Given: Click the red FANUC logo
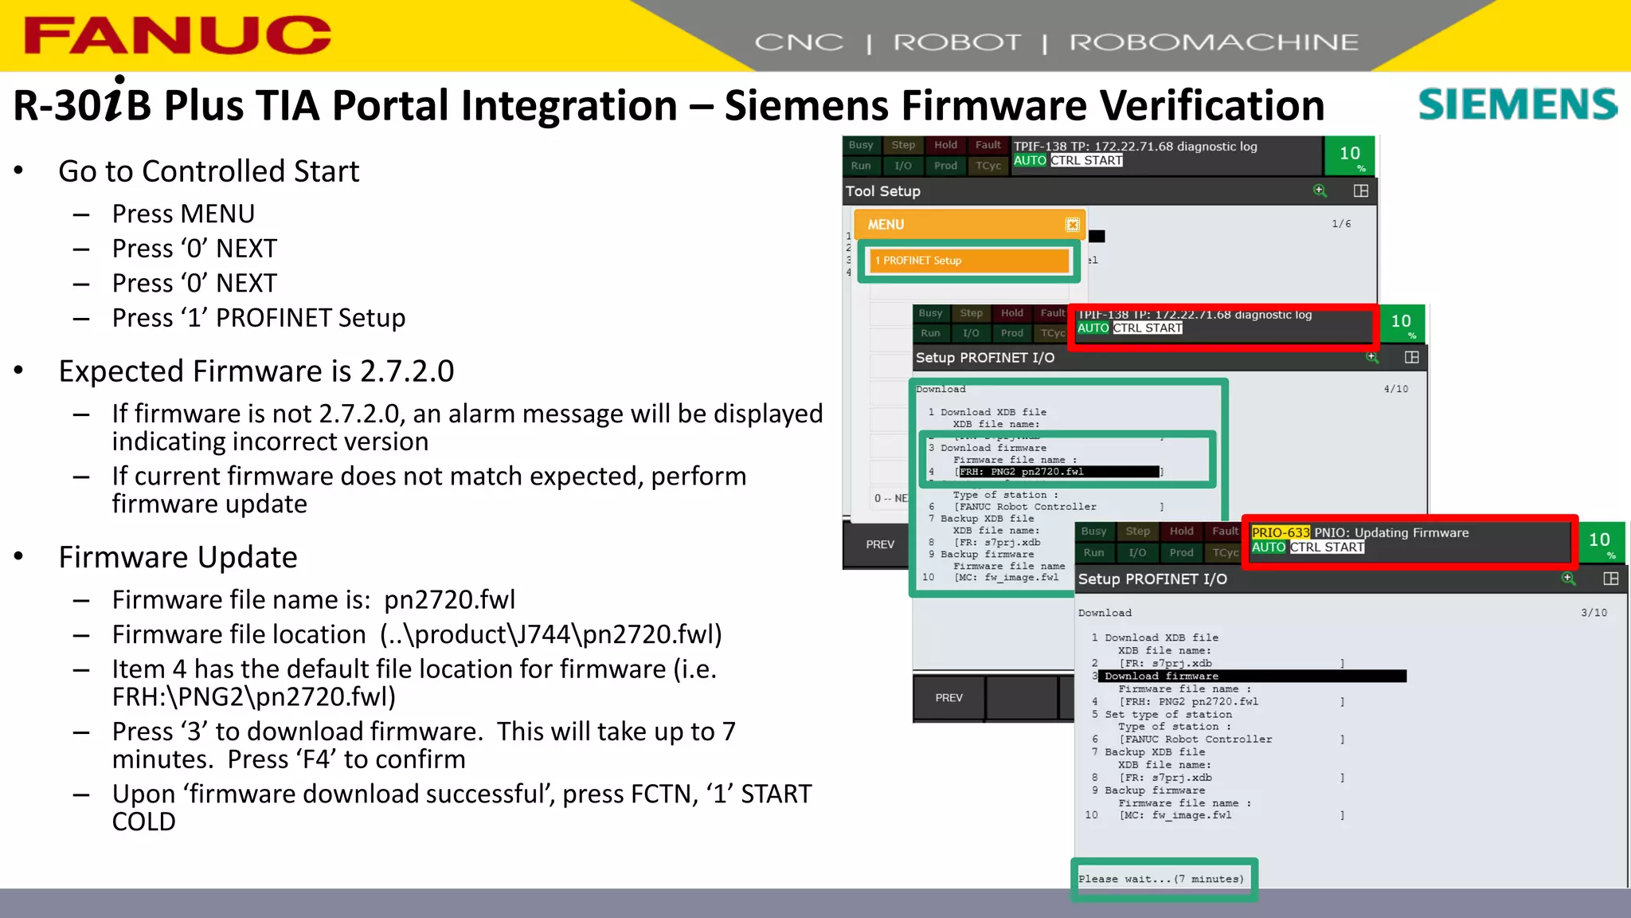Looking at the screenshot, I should pyautogui.click(x=177, y=36).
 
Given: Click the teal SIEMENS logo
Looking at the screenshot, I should pyautogui.click(x=1517, y=104).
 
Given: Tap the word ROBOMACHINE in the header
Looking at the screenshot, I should pyautogui.click(x=1213, y=42).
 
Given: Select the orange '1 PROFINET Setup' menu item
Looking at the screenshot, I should pyautogui.click(x=968, y=261).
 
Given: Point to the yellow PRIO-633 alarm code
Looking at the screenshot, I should pyautogui.click(x=1280, y=532).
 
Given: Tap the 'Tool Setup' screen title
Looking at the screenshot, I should pyautogui.click(x=883, y=191).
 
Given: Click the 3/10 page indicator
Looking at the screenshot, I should pyautogui.click(x=1594, y=613).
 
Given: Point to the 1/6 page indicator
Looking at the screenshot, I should pyautogui.click(x=1341, y=224).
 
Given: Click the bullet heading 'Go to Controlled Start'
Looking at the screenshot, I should pyautogui.click(x=209, y=171).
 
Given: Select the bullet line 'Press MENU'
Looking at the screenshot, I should pyautogui.click(x=183, y=214).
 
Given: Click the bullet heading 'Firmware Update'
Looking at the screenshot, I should pyautogui.click(x=178, y=557).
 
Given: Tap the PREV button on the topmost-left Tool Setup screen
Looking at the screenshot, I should pyautogui.click(x=880, y=544).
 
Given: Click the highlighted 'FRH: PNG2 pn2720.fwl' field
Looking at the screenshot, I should pyautogui.click(x=1058, y=472).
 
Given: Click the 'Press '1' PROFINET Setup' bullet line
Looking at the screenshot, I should pyautogui.click(x=259, y=318).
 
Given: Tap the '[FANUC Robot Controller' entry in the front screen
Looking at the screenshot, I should pyautogui.click(x=1195, y=739).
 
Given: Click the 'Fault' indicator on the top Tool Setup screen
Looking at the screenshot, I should pyautogui.click(x=988, y=145).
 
